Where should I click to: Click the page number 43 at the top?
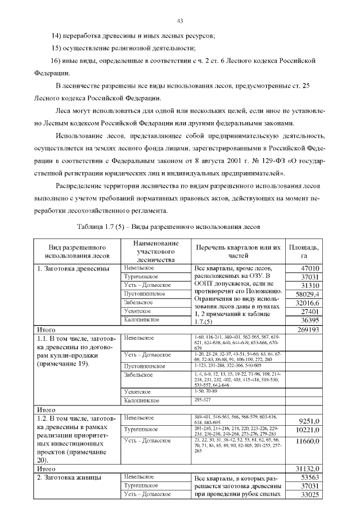[180, 21]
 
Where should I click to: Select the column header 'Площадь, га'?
[304, 251]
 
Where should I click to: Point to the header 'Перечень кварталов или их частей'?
[238, 251]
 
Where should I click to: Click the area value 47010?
[310, 268]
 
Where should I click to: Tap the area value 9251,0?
[309, 420]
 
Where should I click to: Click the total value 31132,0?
[308, 468]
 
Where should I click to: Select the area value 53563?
[310, 477]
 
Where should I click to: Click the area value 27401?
[310, 311]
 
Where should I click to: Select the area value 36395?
[310, 319]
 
